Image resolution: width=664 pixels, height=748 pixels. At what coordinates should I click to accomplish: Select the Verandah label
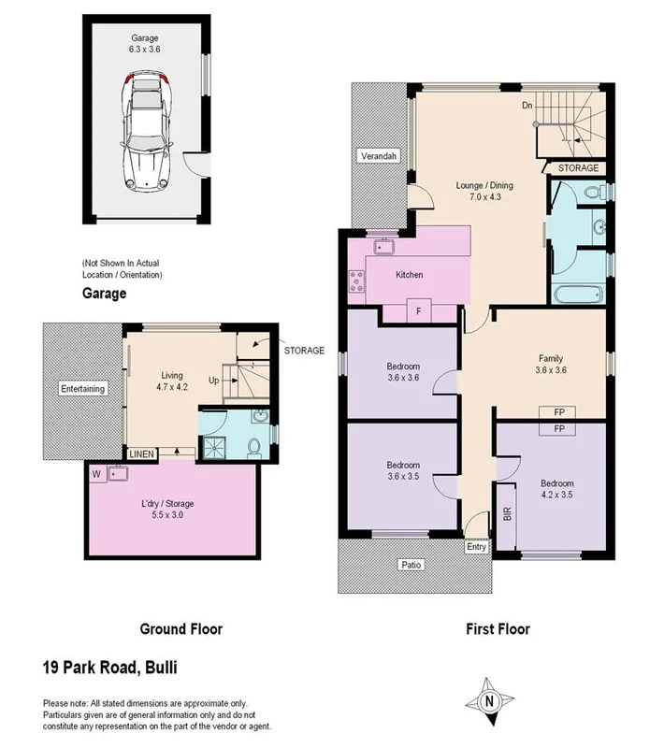point(380,157)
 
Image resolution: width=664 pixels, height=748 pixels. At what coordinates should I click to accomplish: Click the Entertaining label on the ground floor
point(83,389)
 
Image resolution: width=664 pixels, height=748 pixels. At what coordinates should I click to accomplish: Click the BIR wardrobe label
point(508,525)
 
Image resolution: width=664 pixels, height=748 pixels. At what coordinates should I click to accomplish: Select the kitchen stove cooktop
point(355,280)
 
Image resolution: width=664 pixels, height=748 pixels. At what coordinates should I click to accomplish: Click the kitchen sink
point(383,247)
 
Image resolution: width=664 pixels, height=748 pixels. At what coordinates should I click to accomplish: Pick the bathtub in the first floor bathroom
point(574,296)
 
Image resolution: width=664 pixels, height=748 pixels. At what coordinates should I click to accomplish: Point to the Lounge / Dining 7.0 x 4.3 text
point(484,191)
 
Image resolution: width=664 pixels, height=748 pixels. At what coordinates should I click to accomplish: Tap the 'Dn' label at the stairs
point(527,105)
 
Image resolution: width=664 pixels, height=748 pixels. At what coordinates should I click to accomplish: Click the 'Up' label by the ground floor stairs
point(212,381)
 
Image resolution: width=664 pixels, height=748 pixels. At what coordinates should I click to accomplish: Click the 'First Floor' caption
point(498,629)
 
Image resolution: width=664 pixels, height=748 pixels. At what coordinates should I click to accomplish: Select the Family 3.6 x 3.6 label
point(549,364)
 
